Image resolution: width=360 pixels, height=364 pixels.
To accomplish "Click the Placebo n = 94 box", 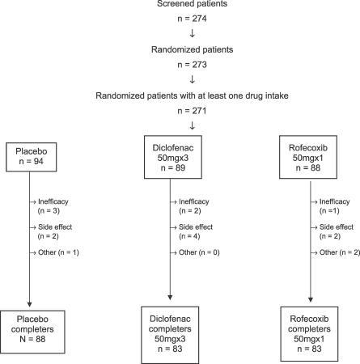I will tap(34, 154).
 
